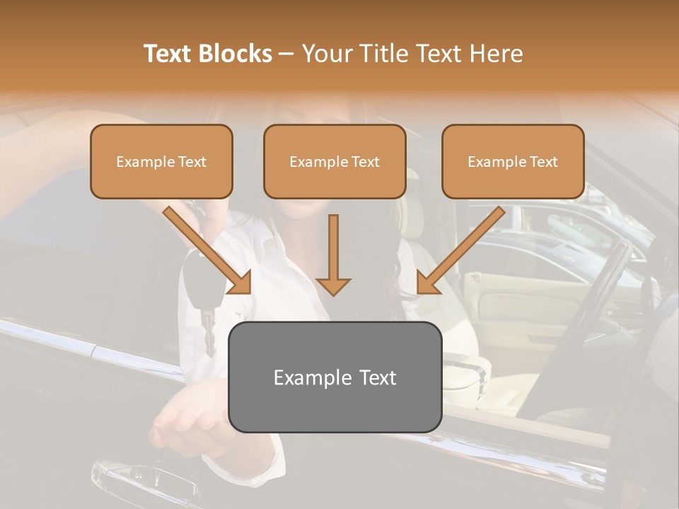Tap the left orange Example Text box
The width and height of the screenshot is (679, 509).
(161, 162)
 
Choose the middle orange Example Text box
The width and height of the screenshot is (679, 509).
(335, 162)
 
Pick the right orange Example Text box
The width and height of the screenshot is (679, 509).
(513, 162)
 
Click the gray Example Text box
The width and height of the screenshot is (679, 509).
(335, 377)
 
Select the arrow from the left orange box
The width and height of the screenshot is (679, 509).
(209, 250)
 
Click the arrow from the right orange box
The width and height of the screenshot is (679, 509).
(460, 250)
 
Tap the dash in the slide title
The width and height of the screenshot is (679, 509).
(286, 54)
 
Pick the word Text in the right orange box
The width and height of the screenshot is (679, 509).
(544, 162)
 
